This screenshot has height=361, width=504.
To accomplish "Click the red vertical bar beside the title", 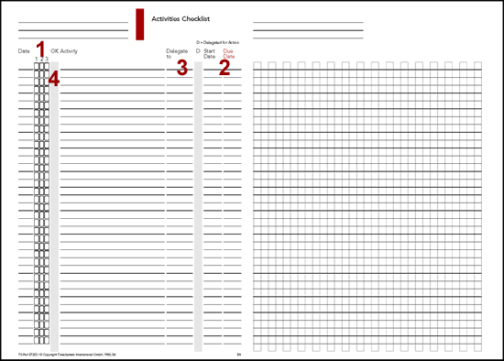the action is point(138,24).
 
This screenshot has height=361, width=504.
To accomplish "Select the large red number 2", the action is point(224,66).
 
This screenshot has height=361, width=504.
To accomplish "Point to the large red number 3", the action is point(182,66).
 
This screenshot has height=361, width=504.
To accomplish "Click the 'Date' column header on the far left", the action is point(24,50).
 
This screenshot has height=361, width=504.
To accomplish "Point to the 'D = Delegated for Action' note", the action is point(219,40).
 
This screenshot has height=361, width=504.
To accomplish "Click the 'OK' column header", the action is point(55,50).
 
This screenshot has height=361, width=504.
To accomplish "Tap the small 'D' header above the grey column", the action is point(198,50).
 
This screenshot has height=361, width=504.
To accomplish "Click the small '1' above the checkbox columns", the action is point(36,59).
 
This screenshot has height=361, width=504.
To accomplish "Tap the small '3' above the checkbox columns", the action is point(47,59).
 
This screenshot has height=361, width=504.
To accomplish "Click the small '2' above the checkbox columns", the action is point(41,59).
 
